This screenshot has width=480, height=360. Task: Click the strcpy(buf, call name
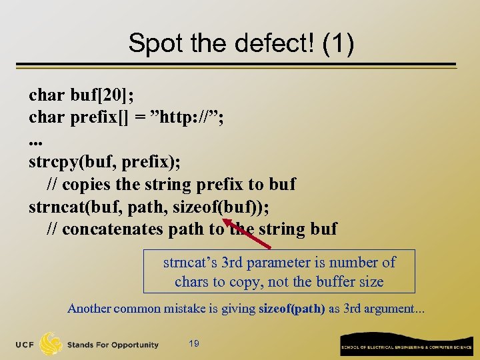tap(67, 162)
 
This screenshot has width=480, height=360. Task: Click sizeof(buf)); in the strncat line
tap(221, 207)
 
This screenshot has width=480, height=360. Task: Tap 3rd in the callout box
tap(234, 262)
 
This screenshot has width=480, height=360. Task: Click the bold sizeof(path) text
tap(291, 309)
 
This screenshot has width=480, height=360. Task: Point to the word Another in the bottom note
tap(89, 309)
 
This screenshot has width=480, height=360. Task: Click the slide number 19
tap(194, 343)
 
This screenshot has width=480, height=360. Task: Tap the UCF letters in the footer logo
tap(25, 345)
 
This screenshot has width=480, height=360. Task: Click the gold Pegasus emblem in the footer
tap(51, 343)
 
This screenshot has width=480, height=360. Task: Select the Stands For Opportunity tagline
tap(113, 345)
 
